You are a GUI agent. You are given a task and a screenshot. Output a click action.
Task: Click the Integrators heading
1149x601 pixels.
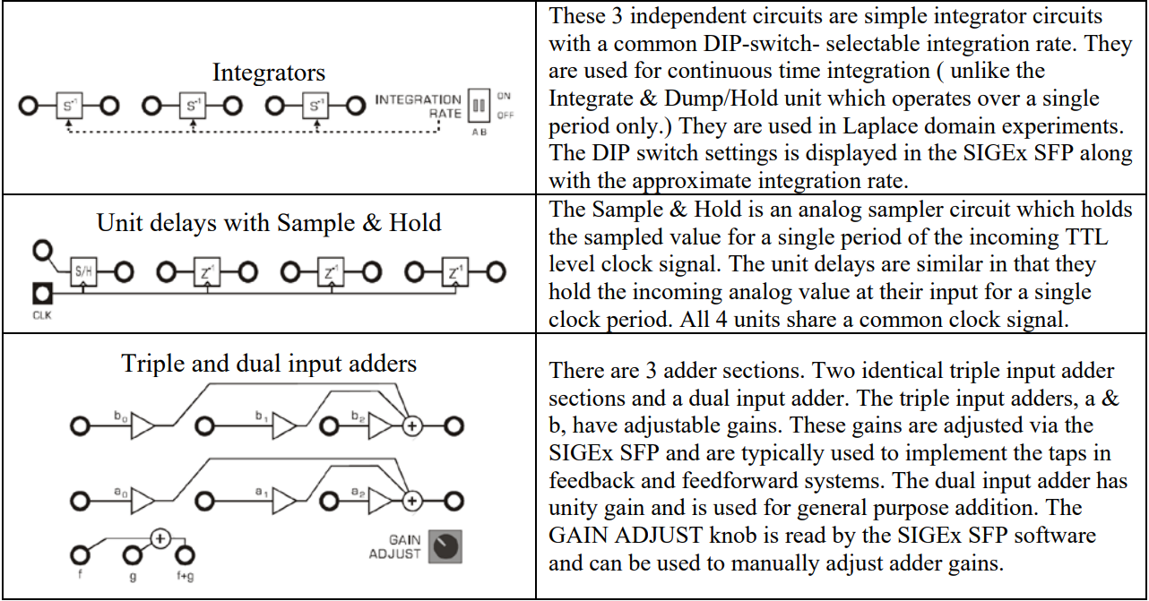coord(269,73)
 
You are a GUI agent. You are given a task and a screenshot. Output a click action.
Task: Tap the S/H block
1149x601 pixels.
coord(83,271)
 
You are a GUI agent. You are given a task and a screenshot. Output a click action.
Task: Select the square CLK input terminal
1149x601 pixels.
coord(41,293)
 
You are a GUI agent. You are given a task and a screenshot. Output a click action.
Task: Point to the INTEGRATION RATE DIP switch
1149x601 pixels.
coord(479,106)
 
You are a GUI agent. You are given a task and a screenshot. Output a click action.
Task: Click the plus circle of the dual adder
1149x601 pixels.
coord(160,538)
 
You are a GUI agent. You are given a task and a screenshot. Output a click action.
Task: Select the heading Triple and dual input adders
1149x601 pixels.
coord(269,364)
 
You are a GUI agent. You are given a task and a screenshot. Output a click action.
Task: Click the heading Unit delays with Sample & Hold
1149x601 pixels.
coord(269,222)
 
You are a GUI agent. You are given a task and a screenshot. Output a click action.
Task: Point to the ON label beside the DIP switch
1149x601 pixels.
coord(505,96)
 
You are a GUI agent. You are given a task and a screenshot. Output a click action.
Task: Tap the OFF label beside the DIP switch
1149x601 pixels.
coord(505,115)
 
